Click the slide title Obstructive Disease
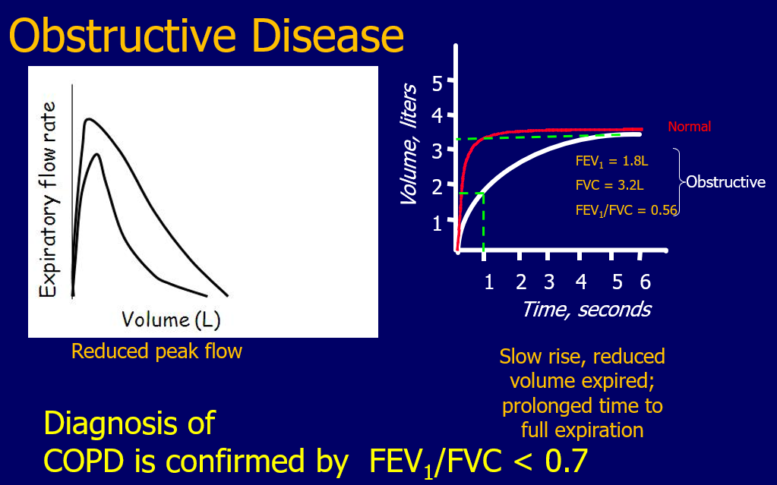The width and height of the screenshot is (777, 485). pyautogui.click(x=207, y=36)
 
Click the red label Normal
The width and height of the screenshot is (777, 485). pyautogui.click(x=689, y=127)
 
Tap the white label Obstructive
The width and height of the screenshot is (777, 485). pyautogui.click(x=725, y=182)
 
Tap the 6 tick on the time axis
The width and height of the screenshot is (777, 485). pyautogui.click(x=645, y=282)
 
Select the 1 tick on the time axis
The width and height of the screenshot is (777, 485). pyautogui.click(x=488, y=282)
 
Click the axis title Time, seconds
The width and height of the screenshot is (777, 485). pyautogui.click(x=586, y=309)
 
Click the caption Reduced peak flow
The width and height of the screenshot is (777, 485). pyautogui.click(x=156, y=351)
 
